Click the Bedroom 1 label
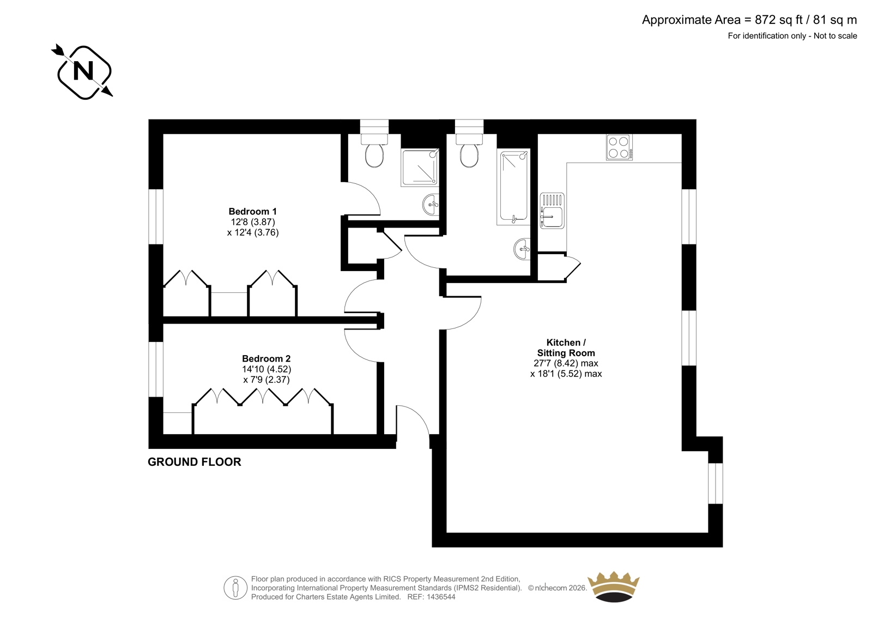click(x=253, y=211)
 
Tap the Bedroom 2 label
click(x=267, y=358)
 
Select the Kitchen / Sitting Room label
click(x=566, y=348)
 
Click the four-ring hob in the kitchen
click(x=619, y=147)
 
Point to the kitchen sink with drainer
click(x=552, y=211)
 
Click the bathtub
click(x=513, y=187)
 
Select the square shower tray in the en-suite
click(x=420, y=167)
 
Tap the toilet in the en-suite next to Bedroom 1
click(x=374, y=151)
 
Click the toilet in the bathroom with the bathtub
click(x=469, y=151)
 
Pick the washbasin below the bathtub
click(x=522, y=249)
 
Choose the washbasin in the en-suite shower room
click(x=431, y=204)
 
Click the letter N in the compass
click(x=84, y=71)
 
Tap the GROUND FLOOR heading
click(x=194, y=462)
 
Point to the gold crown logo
click(x=614, y=586)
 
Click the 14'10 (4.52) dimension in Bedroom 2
click(x=267, y=369)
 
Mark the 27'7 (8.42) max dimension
click(x=566, y=363)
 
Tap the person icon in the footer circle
click(x=235, y=588)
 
